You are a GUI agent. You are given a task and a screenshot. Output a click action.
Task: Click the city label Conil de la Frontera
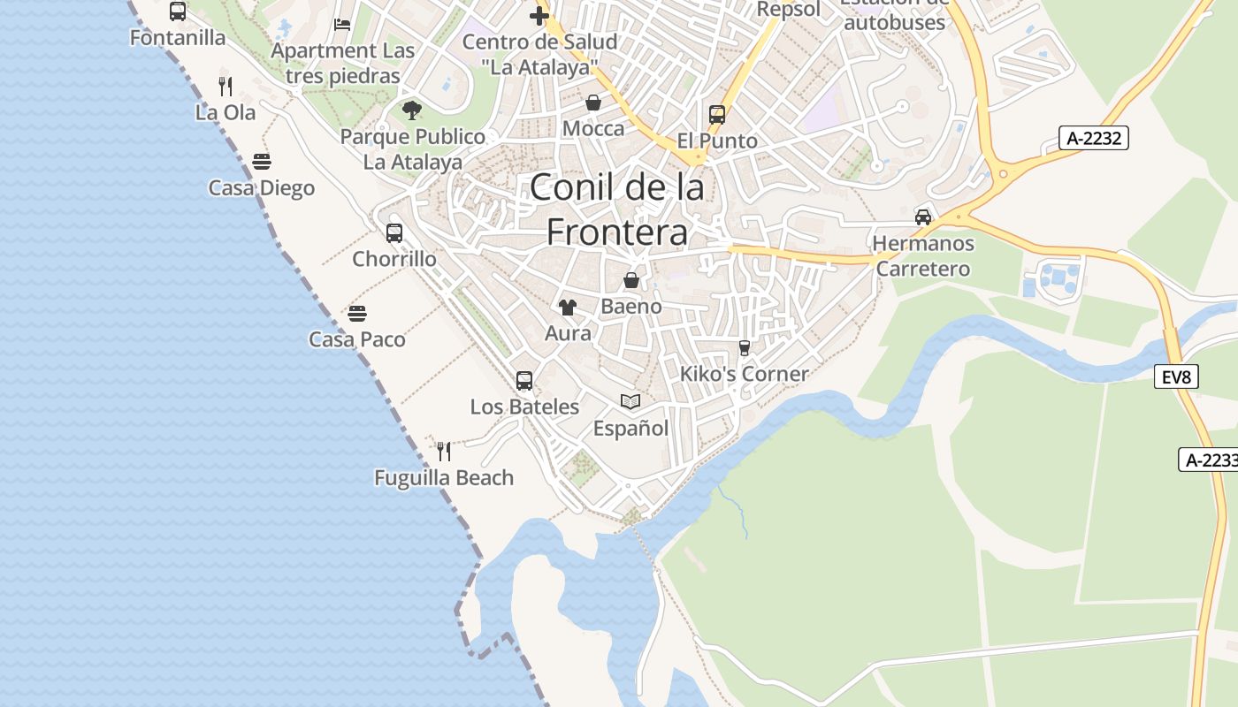click(617, 209)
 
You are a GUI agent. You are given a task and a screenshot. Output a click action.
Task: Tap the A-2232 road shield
click(1095, 138)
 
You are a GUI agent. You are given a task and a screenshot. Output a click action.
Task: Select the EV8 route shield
click(1177, 377)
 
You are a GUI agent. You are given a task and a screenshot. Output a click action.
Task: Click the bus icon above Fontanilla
click(178, 11)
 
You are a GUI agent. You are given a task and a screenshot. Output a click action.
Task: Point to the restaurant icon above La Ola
click(225, 87)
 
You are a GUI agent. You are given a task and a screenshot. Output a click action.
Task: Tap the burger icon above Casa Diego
click(261, 162)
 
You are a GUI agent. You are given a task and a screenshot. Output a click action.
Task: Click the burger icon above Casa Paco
click(357, 314)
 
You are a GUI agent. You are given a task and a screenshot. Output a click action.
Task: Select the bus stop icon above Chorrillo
click(394, 233)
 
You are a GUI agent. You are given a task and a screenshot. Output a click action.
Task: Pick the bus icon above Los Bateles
click(524, 381)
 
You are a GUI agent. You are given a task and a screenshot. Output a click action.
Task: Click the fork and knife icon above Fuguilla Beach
click(444, 452)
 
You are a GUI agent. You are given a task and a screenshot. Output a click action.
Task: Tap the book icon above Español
click(630, 402)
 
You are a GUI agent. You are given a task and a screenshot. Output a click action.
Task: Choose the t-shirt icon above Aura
click(568, 308)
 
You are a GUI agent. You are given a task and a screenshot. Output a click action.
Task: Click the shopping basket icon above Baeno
click(631, 281)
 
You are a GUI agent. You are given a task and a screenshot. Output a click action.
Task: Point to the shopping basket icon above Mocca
click(593, 103)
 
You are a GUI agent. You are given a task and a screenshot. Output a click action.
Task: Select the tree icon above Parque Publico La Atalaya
click(411, 110)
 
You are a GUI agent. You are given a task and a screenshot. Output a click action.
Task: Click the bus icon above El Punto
click(717, 115)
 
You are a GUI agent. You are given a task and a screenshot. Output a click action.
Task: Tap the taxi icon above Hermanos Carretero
click(923, 217)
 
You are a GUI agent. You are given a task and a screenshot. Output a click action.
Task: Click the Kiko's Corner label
click(744, 374)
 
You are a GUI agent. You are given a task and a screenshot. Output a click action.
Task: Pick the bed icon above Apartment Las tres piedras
click(342, 25)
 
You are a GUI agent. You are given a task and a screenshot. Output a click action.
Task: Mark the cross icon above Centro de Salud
click(539, 15)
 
